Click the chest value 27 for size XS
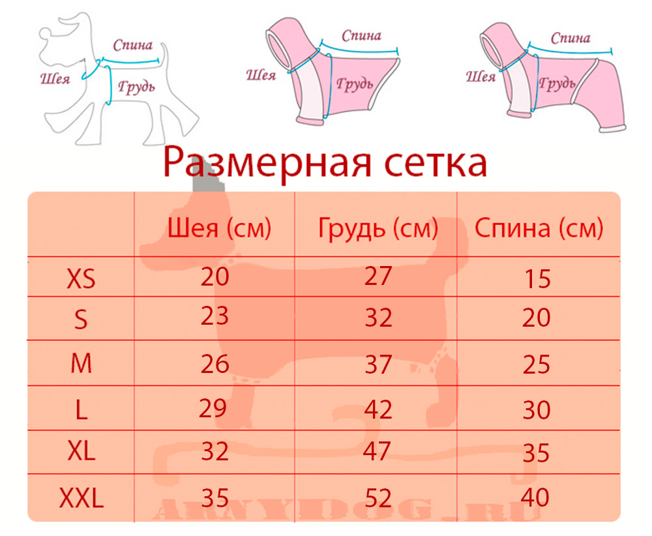click(x=378, y=276)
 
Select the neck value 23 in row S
click(x=215, y=316)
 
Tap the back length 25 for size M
click(x=537, y=365)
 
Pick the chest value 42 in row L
click(x=378, y=409)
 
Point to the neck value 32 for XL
click(x=215, y=452)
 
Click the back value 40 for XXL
click(x=535, y=497)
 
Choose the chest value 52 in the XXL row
click(x=378, y=498)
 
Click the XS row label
click(x=81, y=278)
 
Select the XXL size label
click(x=81, y=498)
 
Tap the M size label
click(x=81, y=363)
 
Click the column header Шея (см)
click(x=219, y=228)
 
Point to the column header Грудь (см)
click(x=378, y=228)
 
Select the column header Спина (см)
click(x=539, y=228)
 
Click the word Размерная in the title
click(x=267, y=162)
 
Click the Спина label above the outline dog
click(x=133, y=45)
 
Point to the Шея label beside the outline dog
click(x=55, y=78)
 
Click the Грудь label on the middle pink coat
click(x=355, y=84)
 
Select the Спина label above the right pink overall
click(x=570, y=38)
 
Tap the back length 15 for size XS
click(x=538, y=278)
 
